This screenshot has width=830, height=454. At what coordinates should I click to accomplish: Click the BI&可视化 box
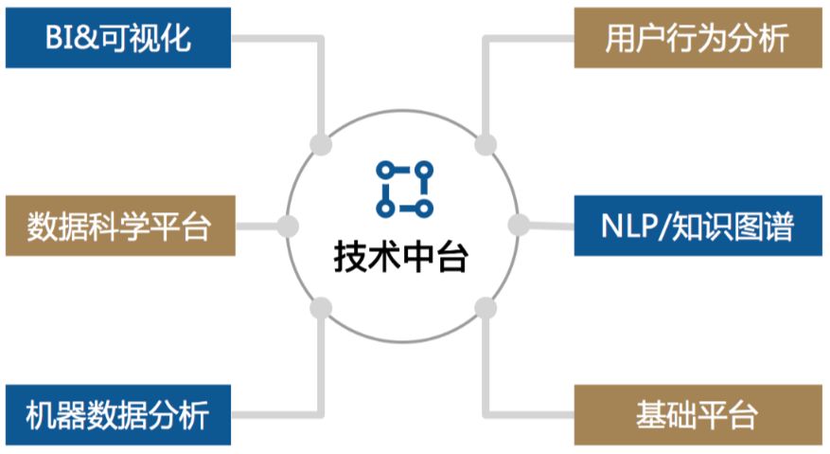coord(118,38)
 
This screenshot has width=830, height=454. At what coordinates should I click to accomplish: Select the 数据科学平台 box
coord(118,226)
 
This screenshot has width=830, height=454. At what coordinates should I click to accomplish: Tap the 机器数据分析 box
coord(118,414)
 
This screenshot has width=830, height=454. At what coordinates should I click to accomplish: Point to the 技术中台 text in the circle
coord(401,257)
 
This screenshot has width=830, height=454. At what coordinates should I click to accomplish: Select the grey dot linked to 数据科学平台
coord(288,226)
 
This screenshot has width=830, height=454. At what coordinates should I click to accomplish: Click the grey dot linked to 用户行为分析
coord(486,145)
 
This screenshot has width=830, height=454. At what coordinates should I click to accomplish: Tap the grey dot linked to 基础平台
coord(486,307)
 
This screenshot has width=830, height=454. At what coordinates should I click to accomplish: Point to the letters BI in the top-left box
coord(59,38)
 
